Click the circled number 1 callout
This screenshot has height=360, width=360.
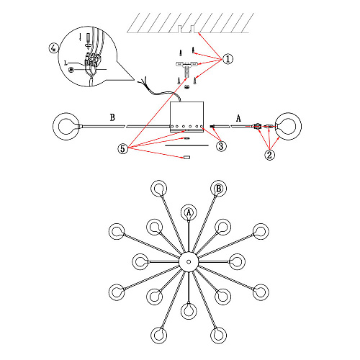click(x=228, y=59)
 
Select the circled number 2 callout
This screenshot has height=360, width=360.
click(x=269, y=155)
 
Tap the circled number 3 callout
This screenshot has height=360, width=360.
click(x=221, y=146)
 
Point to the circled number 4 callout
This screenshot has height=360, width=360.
click(x=53, y=48)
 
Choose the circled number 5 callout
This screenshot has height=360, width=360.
click(x=122, y=149)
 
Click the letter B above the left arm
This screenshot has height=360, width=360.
click(x=112, y=117)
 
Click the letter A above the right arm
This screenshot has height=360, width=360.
click(x=238, y=118)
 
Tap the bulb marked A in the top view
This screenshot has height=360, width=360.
click(x=189, y=212)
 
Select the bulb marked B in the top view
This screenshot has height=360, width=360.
click(x=219, y=189)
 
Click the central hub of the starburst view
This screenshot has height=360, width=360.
click(x=189, y=261)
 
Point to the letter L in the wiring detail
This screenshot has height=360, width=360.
click(x=66, y=63)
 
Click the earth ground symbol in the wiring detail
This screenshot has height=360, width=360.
click(x=71, y=70)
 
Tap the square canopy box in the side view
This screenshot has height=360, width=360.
click(x=187, y=117)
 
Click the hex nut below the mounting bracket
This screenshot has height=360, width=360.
click(x=186, y=86)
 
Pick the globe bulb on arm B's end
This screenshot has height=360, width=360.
click(x=66, y=126)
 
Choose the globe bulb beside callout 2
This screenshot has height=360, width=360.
click(x=288, y=126)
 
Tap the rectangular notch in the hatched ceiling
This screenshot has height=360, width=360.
click(x=187, y=29)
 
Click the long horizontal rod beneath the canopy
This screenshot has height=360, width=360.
click(x=186, y=145)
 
